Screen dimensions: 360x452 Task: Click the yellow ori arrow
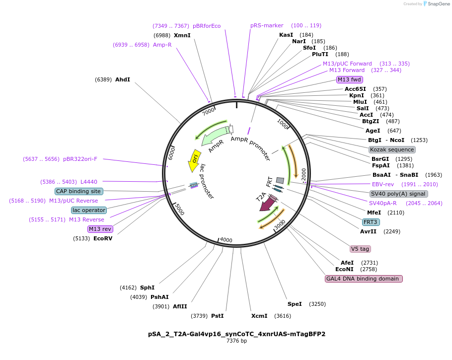tap(194, 158)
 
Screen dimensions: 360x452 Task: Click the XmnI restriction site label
tap(182, 35)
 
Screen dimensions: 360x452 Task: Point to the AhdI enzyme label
tap(123, 79)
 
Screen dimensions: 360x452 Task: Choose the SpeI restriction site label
tap(295, 304)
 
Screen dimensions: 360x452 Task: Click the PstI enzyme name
tap(217, 316)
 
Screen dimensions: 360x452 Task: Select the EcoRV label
tap(103, 238)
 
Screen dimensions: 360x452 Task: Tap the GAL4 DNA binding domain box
tap(364, 279)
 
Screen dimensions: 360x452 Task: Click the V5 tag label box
tap(360, 249)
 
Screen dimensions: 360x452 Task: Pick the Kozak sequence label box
tap(392, 149)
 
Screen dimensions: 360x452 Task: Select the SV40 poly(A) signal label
tap(398, 194)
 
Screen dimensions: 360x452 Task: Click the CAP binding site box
tap(79, 191)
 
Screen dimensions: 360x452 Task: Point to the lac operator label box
tap(89, 210)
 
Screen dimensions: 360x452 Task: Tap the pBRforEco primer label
tap(207, 26)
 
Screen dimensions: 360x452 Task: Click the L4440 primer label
tap(89, 182)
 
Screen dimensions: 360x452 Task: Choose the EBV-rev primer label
tap(383, 184)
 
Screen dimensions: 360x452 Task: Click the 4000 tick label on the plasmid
tap(226, 240)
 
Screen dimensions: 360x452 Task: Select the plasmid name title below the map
tap(236, 334)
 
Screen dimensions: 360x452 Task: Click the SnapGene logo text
tap(439, 3)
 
